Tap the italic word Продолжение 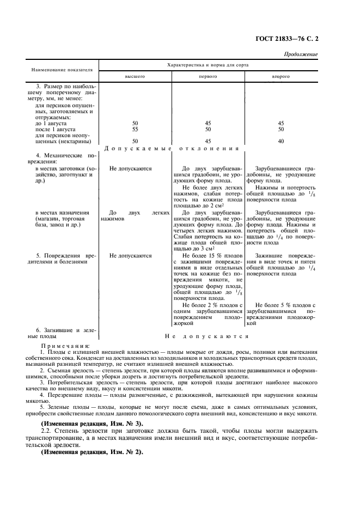pos(301,54)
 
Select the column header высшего pos(135,77)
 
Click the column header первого pos(208,77)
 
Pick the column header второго pos(280,77)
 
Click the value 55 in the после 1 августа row pos(135,129)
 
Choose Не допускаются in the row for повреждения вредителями pos(131,255)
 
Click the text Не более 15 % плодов pos(211,255)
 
